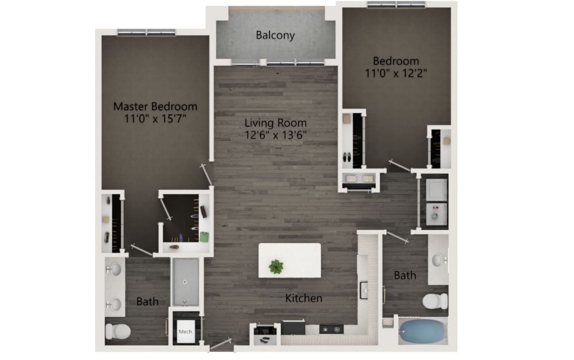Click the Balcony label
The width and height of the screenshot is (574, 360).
(x=275, y=36)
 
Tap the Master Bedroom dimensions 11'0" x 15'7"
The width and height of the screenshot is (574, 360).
(x=155, y=118)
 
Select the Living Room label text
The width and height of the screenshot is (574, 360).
(x=275, y=122)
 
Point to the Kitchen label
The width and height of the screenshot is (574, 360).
(x=304, y=298)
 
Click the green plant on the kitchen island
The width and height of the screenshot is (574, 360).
(x=275, y=266)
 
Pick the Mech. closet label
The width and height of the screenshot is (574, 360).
(x=186, y=331)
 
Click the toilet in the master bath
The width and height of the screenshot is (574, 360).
(x=118, y=331)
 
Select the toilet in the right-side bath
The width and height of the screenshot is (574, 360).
(x=435, y=301)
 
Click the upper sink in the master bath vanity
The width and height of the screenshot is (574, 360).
(x=114, y=270)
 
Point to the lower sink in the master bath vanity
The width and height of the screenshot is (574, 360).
(x=114, y=304)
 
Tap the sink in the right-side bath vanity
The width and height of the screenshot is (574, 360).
(x=438, y=260)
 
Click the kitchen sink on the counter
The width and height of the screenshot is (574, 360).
(x=364, y=290)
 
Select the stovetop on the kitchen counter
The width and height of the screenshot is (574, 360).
(x=331, y=330)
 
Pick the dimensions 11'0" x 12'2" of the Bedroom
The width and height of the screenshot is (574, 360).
(x=396, y=73)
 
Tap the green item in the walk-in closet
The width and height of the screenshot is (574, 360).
(x=204, y=236)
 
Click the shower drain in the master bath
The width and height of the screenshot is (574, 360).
(x=185, y=282)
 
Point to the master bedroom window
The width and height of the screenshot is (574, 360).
(x=147, y=33)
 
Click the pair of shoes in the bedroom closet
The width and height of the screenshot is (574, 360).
(x=347, y=158)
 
